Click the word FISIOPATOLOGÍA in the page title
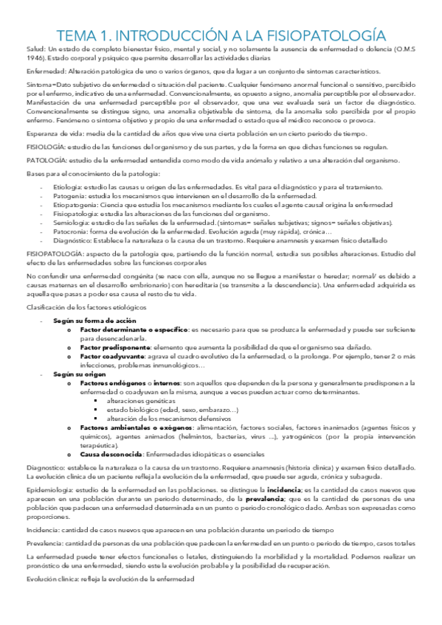point(325,35)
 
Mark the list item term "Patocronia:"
point(72,231)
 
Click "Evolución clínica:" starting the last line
point(52,579)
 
